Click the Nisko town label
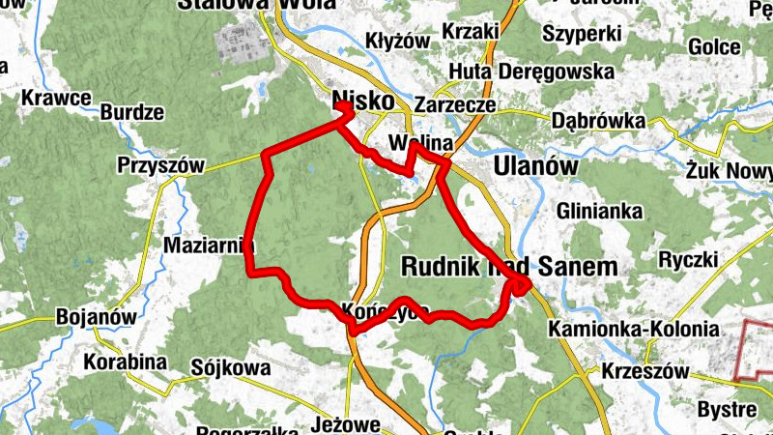click(362, 101)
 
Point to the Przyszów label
click(161, 166)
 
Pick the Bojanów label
click(94, 316)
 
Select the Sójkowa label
click(231, 367)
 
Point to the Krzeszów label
click(644, 371)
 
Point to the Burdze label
click(131, 111)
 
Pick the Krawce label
click(56, 98)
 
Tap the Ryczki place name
click(688, 259)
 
